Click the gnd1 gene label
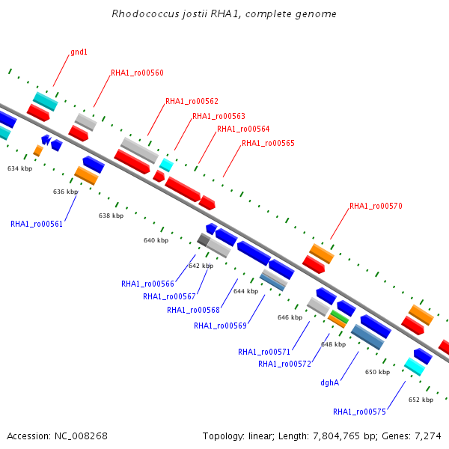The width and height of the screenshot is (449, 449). pos(79,52)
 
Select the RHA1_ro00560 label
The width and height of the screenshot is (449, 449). pos(137,73)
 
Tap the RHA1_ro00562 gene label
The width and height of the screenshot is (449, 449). pos(192,101)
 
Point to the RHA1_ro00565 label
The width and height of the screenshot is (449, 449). pos(268,143)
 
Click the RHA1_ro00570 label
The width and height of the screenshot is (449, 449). pos(376,206)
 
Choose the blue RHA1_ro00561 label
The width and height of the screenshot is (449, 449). pos(37,224)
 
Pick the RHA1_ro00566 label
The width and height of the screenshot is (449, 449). pos(147,284)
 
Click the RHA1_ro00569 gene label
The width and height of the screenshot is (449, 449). pos(220,326)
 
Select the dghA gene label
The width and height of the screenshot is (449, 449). pos(330,382)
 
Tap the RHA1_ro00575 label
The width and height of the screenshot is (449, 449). pos(359,412)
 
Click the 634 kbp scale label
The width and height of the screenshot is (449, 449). pos(19,168)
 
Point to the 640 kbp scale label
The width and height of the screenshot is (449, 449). pos(156,240)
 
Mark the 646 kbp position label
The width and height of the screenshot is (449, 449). pos(290,317)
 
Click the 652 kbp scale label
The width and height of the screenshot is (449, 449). pos(421,400)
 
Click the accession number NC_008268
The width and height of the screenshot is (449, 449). pos(81,436)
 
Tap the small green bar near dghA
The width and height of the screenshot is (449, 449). pos(340,317)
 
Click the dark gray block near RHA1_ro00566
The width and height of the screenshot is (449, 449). pos(204,239)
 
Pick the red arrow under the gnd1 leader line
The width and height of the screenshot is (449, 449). pos(38,113)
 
